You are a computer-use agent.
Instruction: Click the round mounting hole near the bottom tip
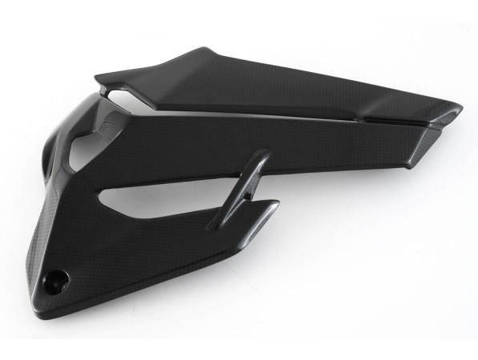point(57,281)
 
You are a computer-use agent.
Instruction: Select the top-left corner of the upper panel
point(97,78)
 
